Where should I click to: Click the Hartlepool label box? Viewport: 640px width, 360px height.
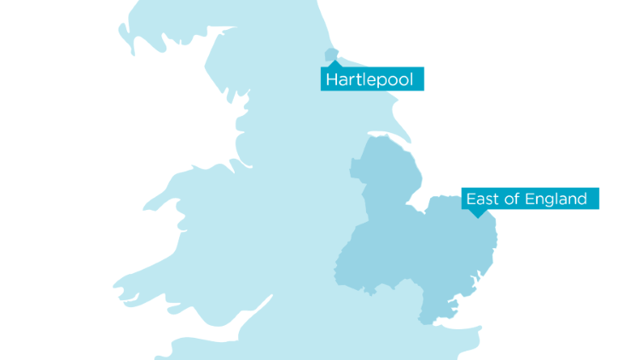point(372,80)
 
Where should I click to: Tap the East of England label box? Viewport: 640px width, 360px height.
point(527,199)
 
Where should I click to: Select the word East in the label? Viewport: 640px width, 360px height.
point(481,199)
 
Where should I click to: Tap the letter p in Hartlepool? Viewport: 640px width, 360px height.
point(383,82)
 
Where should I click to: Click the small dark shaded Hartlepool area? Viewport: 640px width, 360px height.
point(331,56)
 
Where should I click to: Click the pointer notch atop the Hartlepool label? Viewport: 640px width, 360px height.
point(332,65)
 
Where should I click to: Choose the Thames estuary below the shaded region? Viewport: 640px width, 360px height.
point(452,328)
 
